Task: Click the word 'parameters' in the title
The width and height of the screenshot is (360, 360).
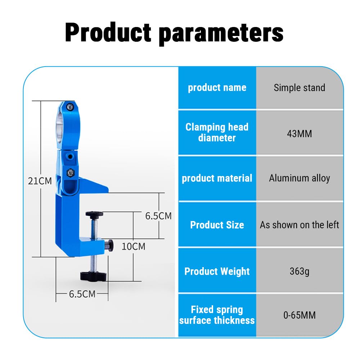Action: [x=221, y=34]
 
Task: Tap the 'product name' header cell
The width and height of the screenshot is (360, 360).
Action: [x=217, y=88]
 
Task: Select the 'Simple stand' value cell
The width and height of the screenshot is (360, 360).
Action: [x=300, y=88]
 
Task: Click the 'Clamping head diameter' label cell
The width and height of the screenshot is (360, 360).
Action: [x=217, y=132]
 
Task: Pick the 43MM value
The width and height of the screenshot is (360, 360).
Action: [x=300, y=134]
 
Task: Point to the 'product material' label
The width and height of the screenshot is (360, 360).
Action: [x=217, y=178]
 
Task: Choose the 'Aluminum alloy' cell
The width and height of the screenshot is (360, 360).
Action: [x=300, y=178]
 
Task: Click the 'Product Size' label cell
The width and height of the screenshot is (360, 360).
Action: [x=217, y=225]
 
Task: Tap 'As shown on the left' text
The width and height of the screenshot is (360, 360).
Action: [x=300, y=225]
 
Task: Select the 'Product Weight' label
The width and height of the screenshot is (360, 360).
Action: [x=217, y=271]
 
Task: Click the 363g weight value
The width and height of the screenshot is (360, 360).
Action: [x=300, y=271]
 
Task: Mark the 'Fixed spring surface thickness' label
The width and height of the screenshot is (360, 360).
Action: [x=217, y=315]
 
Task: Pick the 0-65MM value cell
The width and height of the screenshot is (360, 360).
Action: [x=300, y=315]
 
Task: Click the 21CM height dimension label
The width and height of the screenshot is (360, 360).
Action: [x=40, y=181]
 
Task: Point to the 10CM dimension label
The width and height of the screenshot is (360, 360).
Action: [x=134, y=247]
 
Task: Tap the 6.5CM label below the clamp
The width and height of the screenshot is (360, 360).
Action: [x=82, y=294]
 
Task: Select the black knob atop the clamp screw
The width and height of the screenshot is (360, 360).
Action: [x=94, y=215]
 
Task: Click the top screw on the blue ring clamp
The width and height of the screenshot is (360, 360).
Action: [x=70, y=107]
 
